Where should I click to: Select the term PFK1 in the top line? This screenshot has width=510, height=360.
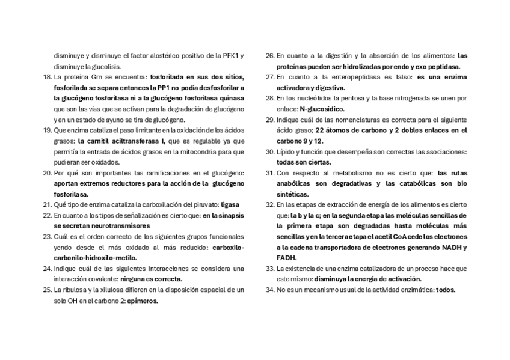pyautogui.click(x=230, y=55)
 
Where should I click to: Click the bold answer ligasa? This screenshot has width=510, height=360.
pyautogui.click(x=230, y=204)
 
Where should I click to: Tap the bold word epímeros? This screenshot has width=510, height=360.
pyautogui.click(x=143, y=301)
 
